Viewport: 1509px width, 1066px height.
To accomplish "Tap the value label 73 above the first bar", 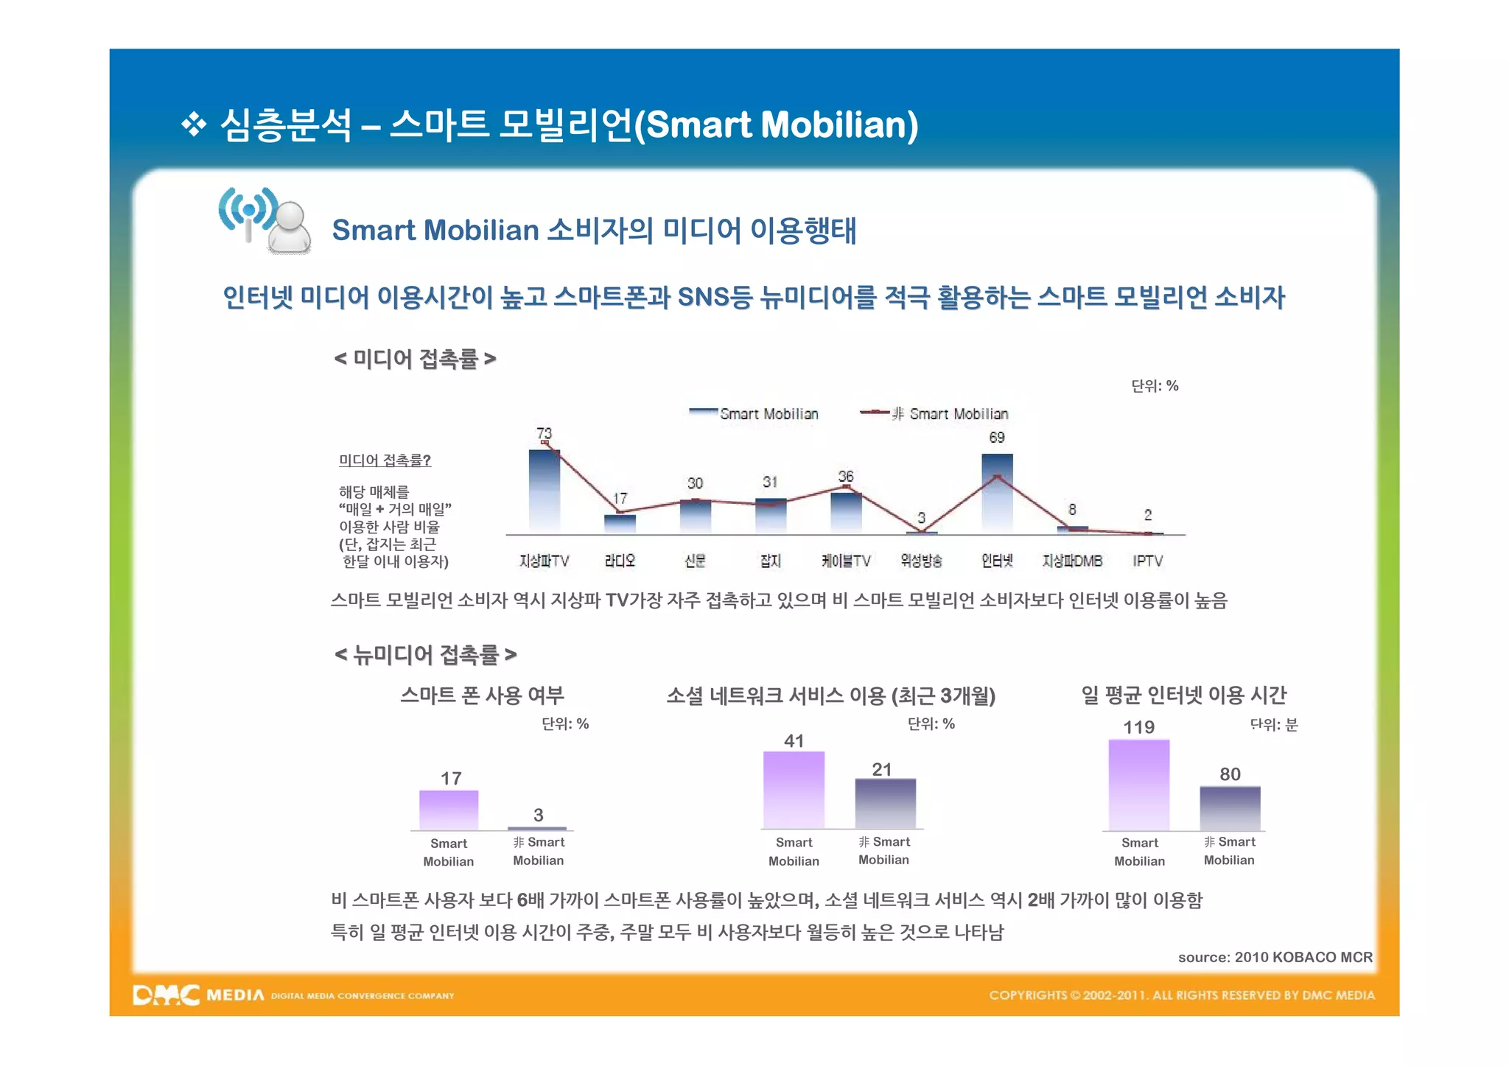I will [544, 433].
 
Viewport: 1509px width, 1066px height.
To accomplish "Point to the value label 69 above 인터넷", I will [997, 438].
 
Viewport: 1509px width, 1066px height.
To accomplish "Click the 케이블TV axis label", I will [846, 561].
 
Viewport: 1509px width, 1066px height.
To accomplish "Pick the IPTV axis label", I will [1147, 561].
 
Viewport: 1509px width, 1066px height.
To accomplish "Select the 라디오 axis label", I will [620, 561].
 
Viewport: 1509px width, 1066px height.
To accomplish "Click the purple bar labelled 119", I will [1138, 785].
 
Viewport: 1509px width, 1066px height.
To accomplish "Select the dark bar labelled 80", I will [1230, 808].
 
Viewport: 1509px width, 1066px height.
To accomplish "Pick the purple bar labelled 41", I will [794, 790].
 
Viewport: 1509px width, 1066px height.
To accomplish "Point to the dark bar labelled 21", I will [885, 804].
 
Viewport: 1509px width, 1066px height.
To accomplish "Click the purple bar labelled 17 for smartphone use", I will [449, 810].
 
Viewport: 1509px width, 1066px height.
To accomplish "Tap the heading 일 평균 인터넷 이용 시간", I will [1183, 695].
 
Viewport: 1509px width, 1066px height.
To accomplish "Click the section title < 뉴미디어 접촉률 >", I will [425, 654].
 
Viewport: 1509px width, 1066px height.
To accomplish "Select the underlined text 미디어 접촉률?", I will [385, 460].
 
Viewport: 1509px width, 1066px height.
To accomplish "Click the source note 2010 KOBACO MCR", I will [1275, 957].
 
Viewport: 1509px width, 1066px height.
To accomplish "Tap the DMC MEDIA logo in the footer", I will [198, 995].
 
